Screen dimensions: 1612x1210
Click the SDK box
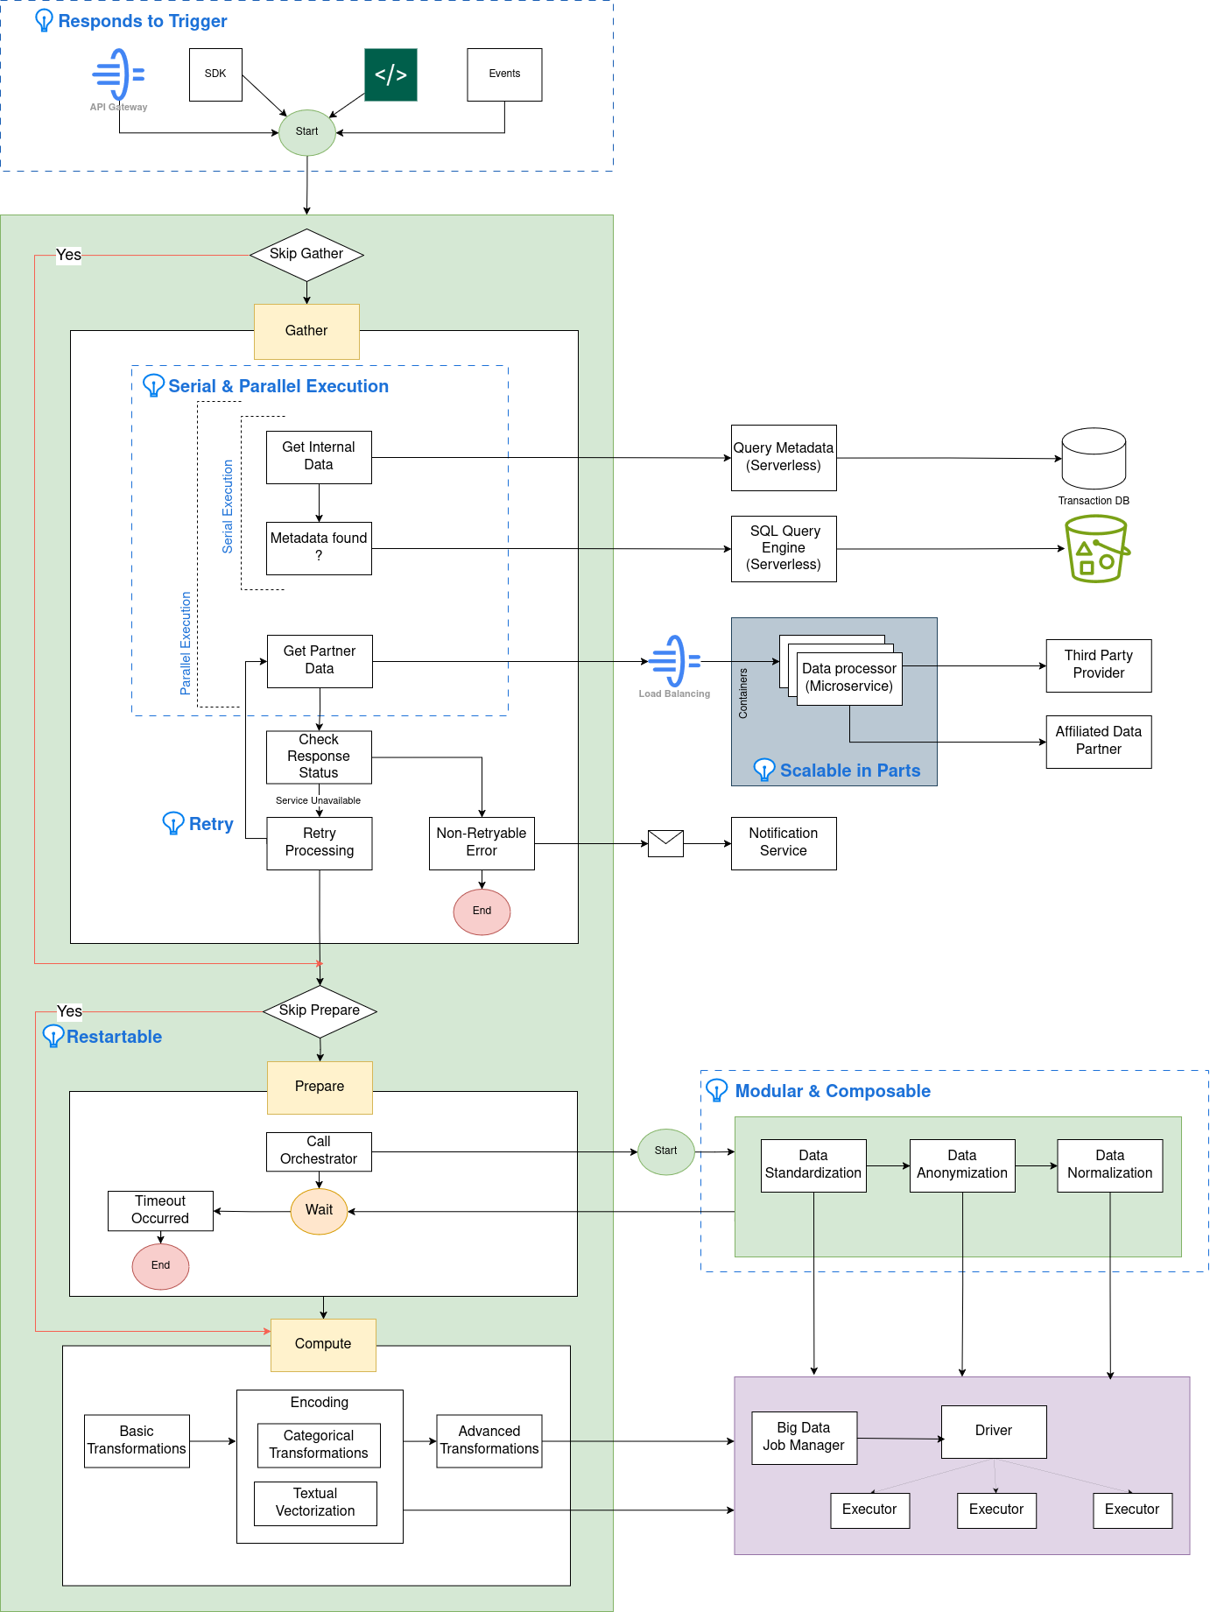tap(215, 74)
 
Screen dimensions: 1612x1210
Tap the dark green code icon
tap(390, 74)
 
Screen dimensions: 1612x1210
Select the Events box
tap(504, 74)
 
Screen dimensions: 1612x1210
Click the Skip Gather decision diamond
tap(306, 255)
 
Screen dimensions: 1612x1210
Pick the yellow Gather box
tap(306, 331)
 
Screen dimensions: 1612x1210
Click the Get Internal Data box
tap(319, 456)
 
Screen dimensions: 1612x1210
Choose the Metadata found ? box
tap(319, 548)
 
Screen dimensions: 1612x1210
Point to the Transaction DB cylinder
tap(1094, 458)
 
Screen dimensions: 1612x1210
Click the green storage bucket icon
tap(1096, 549)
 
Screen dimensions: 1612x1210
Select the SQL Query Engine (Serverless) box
tap(784, 548)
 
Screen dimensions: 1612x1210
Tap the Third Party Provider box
tap(1098, 665)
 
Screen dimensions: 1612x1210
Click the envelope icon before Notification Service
tap(665, 843)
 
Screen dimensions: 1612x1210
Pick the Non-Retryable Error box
tap(482, 842)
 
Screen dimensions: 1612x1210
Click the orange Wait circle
tap(319, 1211)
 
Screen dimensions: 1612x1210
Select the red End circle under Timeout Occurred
tap(160, 1265)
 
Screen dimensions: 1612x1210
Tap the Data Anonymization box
tap(961, 1165)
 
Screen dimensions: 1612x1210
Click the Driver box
tap(993, 1431)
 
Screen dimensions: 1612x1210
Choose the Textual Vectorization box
tap(315, 1503)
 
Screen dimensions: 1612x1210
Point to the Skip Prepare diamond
tap(320, 1010)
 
